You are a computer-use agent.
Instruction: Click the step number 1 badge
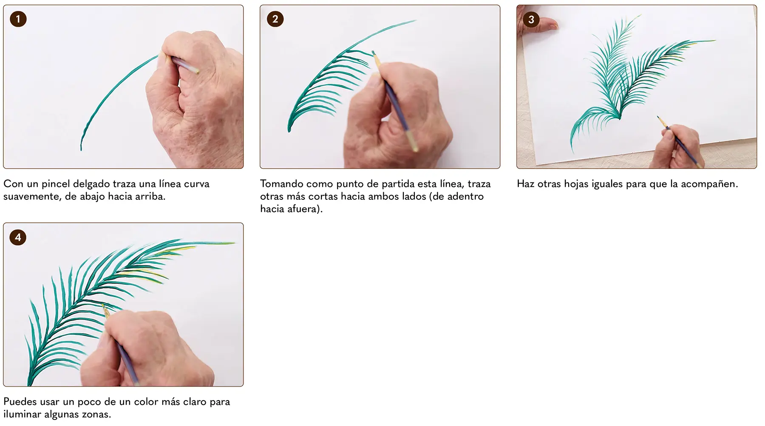pyautogui.click(x=18, y=19)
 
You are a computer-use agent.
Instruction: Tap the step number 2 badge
pyautogui.click(x=275, y=19)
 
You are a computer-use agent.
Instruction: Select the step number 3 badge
pyautogui.click(x=531, y=20)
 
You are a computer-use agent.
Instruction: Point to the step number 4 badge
pyautogui.click(x=18, y=237)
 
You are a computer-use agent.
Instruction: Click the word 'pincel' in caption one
pyautogui.click(x=56, y=184)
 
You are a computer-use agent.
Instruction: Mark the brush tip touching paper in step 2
pyautogui.click(x=374, y=53)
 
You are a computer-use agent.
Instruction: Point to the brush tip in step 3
pyautogui.click(x=658, y=117)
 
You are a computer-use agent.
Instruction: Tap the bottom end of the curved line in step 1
pyautogui.click(x=81, y=149)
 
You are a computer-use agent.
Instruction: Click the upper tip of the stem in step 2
pyautogui.click(x=414, y=21)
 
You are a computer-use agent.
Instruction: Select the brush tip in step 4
pyautogui.click(x=102, y=305)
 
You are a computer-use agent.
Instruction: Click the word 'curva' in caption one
pyautogui.click(x=196, y=184)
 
